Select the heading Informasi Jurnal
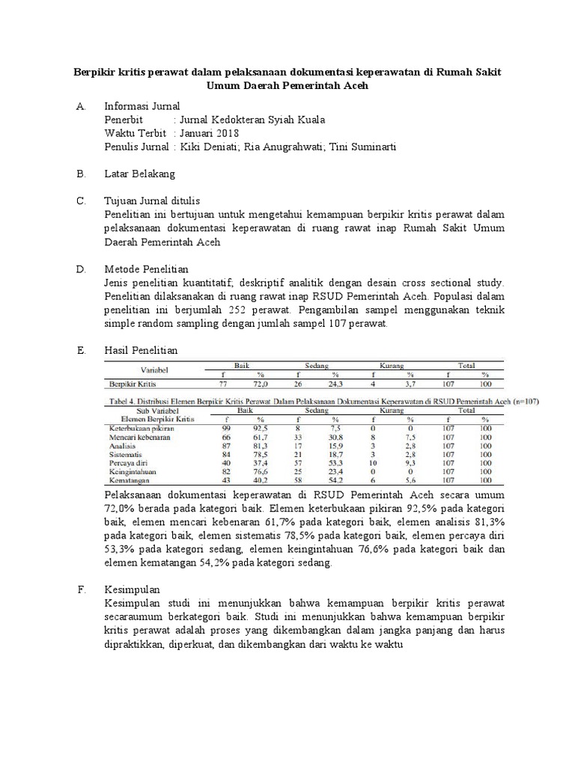point(142,106)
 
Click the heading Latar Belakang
point(139,174)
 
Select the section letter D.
point(82,269)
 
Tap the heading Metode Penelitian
point(146,269)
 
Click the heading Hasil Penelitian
point(141,350)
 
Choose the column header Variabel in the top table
point(156,370)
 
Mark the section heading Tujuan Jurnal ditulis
point(152,201)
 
